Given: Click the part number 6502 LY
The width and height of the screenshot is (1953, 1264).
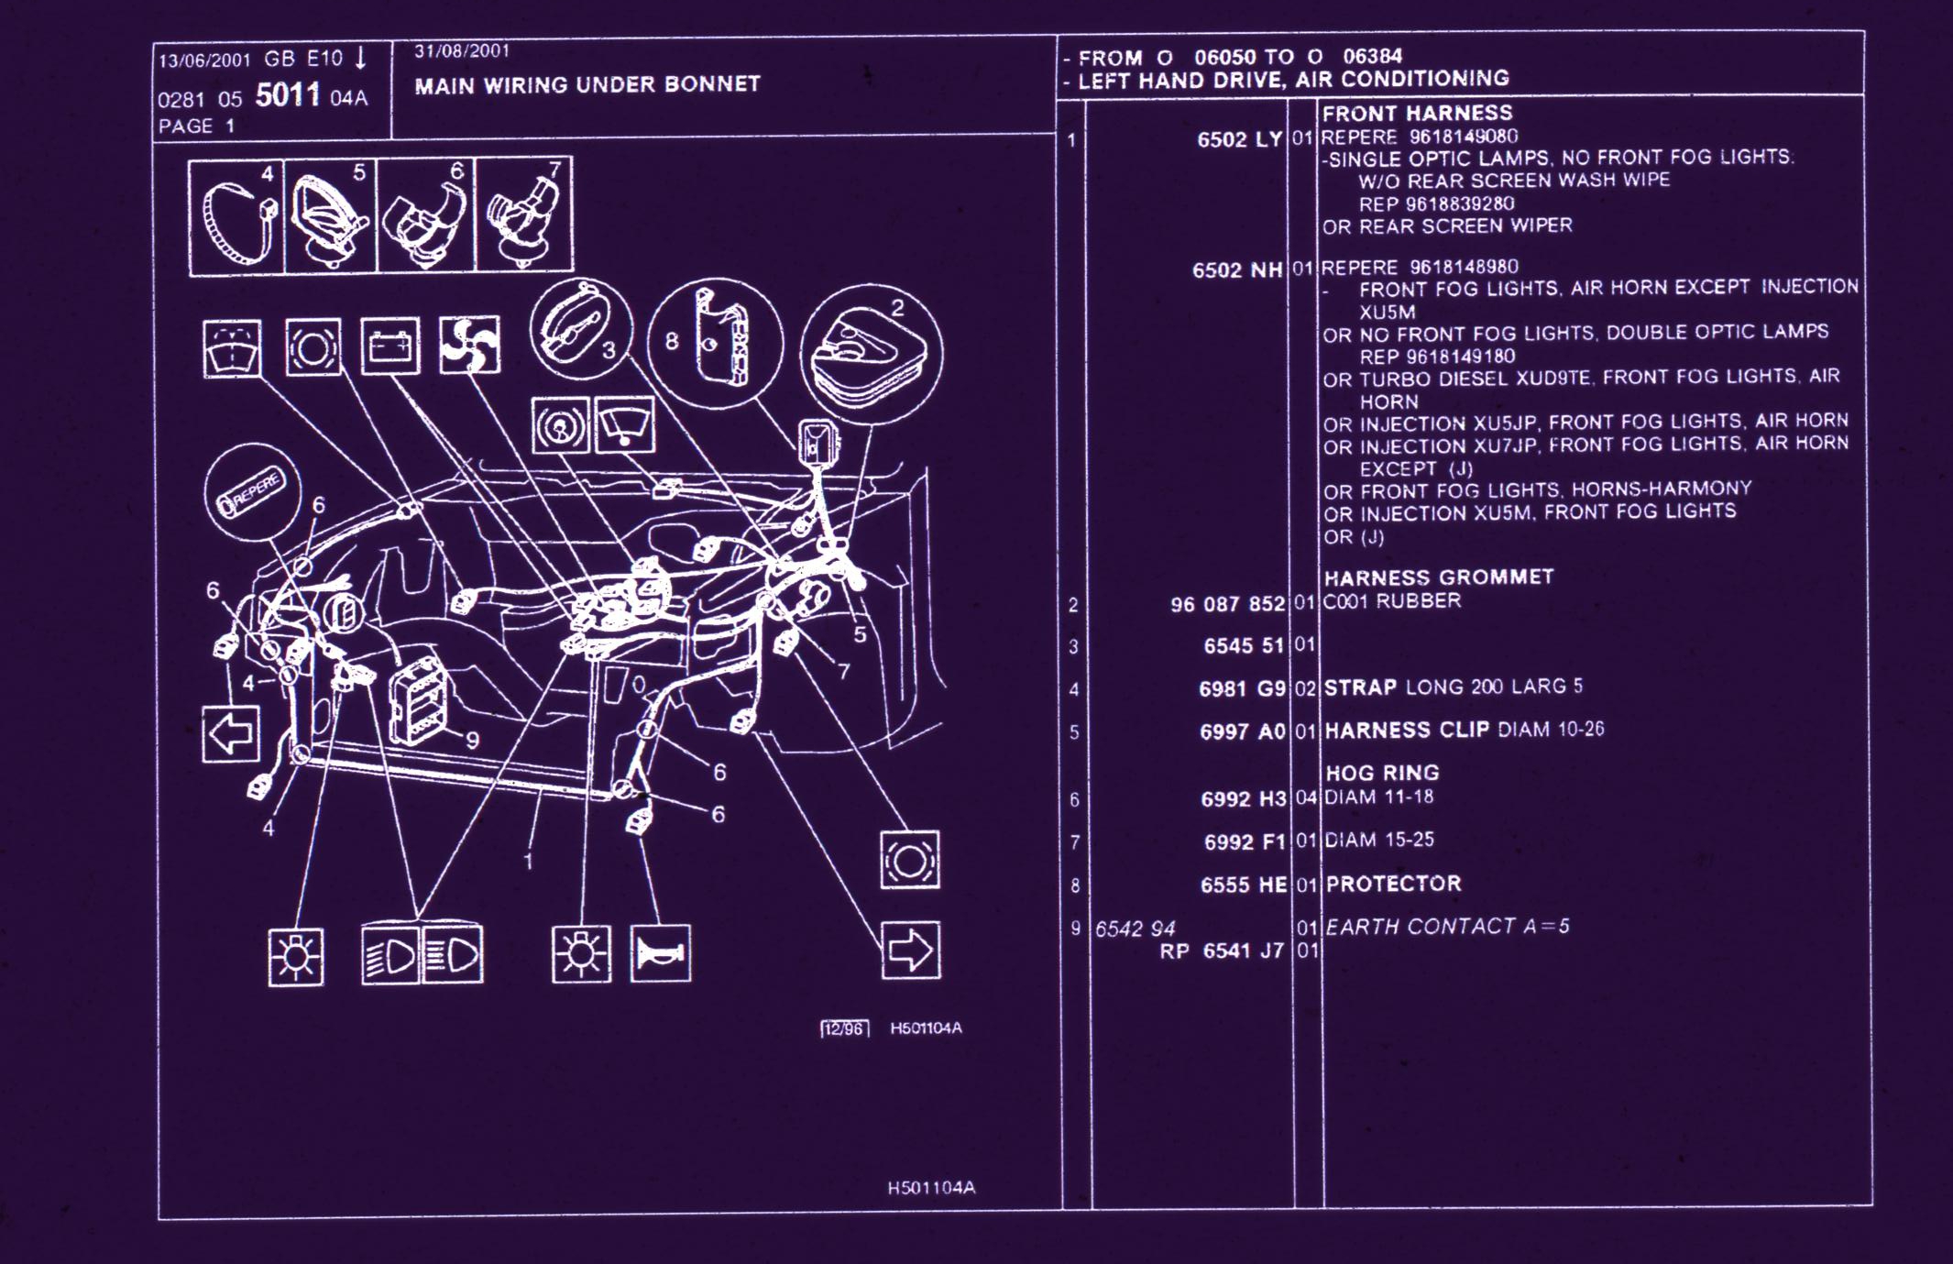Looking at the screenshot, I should [1238, 139].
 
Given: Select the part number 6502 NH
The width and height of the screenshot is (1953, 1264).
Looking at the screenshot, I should [1236, 270].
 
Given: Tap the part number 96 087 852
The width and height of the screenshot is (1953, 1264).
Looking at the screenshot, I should [1227, 604].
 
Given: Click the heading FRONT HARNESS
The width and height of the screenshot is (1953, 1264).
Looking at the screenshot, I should [1417, 114].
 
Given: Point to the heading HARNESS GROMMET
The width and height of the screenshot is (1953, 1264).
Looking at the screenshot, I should [1438, 577].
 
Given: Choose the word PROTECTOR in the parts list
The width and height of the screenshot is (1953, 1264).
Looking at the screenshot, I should [1393, 884].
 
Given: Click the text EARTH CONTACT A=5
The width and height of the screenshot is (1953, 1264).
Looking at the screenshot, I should [1447, 927].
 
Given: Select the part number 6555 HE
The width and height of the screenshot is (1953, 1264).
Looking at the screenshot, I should [1243, 885].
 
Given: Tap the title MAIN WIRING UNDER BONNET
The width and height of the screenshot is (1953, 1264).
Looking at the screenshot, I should [587, 85].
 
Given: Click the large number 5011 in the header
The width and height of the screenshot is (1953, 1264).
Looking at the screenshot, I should [287, 94].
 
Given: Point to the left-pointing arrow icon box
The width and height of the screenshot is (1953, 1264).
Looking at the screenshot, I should [230, 733].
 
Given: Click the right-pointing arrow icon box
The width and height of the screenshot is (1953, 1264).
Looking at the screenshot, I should [910, 950].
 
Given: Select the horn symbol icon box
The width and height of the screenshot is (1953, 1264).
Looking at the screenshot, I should [660, 954].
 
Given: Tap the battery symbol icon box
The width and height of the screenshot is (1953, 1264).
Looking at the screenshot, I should [390, 346].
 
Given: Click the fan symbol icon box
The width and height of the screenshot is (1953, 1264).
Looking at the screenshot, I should [469, 346].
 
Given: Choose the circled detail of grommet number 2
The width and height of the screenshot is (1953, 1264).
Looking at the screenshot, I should [872, 353].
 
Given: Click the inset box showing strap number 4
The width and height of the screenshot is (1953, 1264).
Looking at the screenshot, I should [236, 216].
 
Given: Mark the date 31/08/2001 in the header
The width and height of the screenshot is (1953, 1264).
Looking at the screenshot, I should [461, 51].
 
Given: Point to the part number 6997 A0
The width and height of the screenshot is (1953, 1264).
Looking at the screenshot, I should [1243, 731].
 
